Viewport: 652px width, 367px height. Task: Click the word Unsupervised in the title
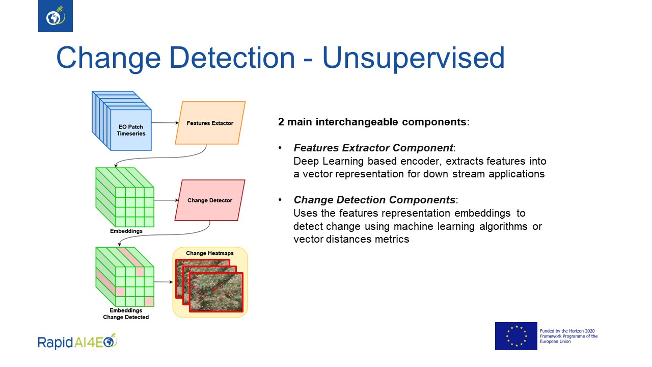[x=413, y=58]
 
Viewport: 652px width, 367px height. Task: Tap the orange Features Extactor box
[x=210, y=123]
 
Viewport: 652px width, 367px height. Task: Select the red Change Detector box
[x=209, y=200]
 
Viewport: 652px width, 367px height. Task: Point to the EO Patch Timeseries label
[x=131, y=130]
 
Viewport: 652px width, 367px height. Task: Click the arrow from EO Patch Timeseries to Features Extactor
[x=164, y=123]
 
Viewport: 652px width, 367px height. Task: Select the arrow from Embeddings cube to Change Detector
[x=164, y=200]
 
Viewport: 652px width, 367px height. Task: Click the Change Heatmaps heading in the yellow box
[x=210, y=253]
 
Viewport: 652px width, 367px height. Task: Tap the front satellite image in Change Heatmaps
[x=215, y=292]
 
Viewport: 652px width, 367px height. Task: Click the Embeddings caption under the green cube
[x=126, y=231]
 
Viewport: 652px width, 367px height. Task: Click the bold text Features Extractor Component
[x=373, y=148]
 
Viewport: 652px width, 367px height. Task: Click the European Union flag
[x=516, y=336]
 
